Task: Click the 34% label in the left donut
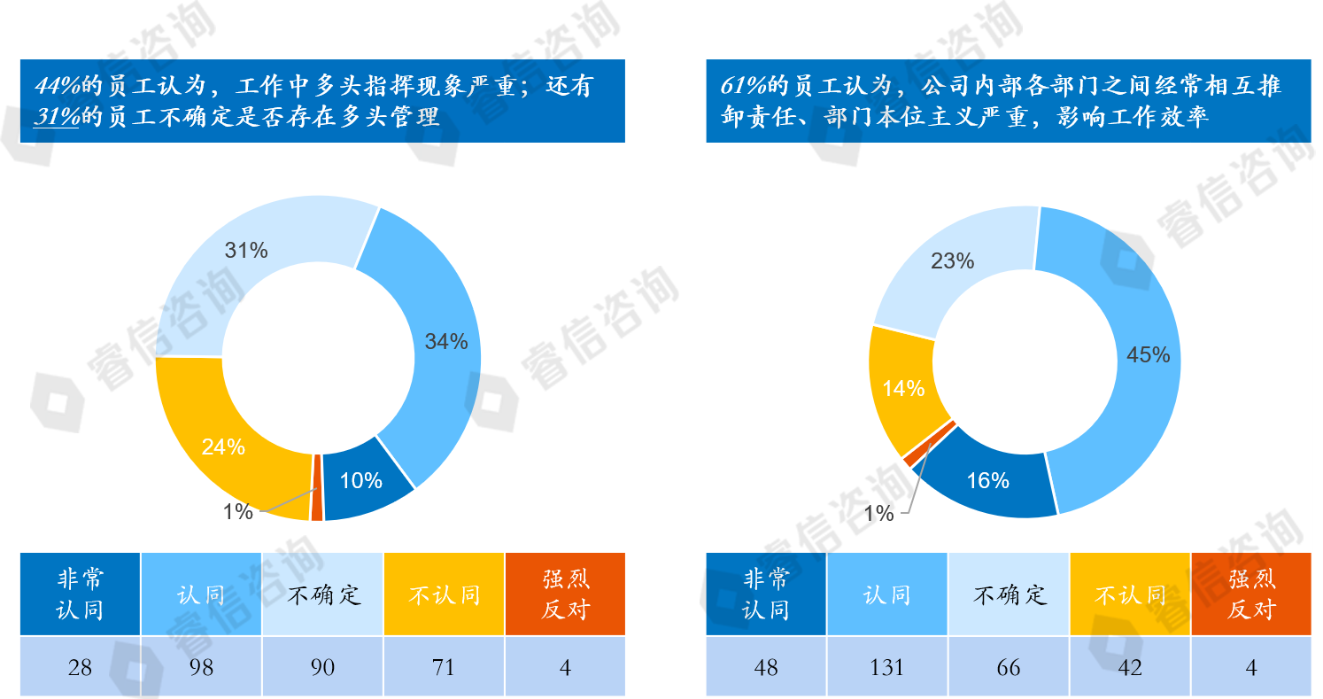[446, 342]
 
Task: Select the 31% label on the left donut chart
[246, 251]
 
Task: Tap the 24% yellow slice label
[223, 447]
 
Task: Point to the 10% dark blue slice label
[361, 481]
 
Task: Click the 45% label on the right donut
[1148, 355]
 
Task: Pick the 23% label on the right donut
[953, 261]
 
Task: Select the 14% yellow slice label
[903, 389]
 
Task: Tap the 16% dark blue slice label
[988, 481]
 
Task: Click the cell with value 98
[202, 667]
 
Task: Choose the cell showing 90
[323, 667]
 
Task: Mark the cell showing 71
[444, 667]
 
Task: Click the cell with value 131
[887, 667]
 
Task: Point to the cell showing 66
[1009, 667]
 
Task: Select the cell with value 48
[766, 667]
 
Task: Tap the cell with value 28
[80, 667]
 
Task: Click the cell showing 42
[1130, 667]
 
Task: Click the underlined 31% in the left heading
[56, 117]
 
